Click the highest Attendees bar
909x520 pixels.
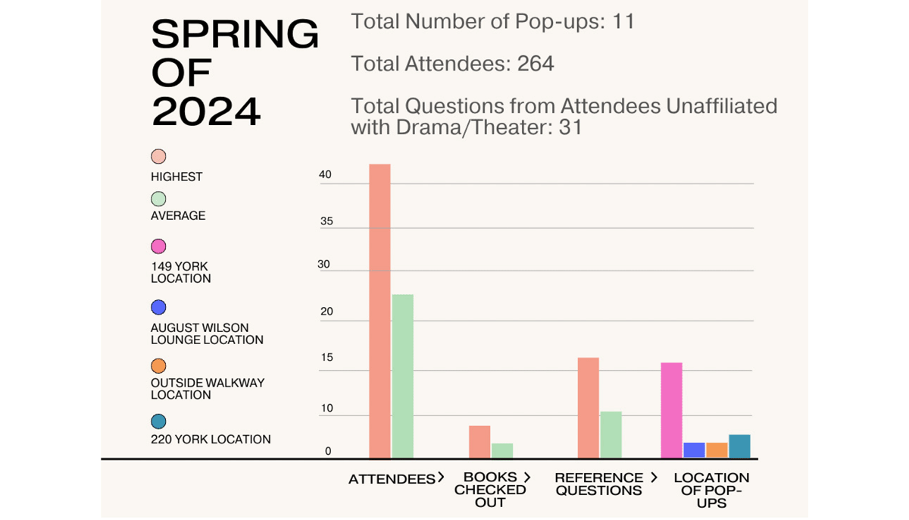pos(380,311)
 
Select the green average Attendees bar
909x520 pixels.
pos(402,376)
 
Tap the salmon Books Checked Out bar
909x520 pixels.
pos(479,442)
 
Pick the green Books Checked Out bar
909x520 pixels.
pos(501,450)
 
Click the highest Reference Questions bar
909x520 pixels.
pos(588,408)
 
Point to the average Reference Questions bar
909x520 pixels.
pos(611,434)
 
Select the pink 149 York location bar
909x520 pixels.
pos(671,410)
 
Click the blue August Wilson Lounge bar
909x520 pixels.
pos(694,450)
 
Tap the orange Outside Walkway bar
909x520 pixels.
pos(717,450)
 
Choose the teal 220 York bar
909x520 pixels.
pos(739,446)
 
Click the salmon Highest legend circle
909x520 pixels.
pos(158,157)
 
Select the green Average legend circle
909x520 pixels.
pos(158,199)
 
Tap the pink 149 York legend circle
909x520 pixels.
pos(158,246)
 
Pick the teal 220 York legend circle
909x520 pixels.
pos(158,421)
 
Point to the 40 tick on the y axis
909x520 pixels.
pos(325,175)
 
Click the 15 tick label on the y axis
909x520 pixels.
pos(326,358)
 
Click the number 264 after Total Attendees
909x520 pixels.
pos(536,64)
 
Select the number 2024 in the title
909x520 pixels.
pos(206,111)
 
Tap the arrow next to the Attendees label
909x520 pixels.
pos(440,478)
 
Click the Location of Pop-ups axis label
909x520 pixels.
pos(711,490)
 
